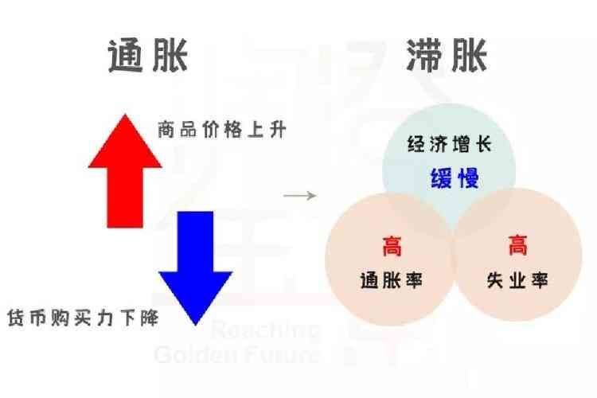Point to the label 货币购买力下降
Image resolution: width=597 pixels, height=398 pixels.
pyautogui.click(x=81, y=318)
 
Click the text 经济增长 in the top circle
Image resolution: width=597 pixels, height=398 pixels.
pyautogui.click(x=449, y=146)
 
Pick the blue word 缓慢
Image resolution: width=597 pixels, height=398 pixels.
pyautogui.click(x=455, y=178)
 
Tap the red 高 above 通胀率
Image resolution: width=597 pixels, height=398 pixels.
pyautogui.click(x=391, y=246)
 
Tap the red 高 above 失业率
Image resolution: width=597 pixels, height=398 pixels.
pyautogui.click(x=517, y=246)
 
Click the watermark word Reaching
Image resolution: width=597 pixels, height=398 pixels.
pyautogui.click(x=266, y=330)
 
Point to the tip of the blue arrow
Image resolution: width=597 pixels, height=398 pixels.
pyautogui.click(x=195, y=324)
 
